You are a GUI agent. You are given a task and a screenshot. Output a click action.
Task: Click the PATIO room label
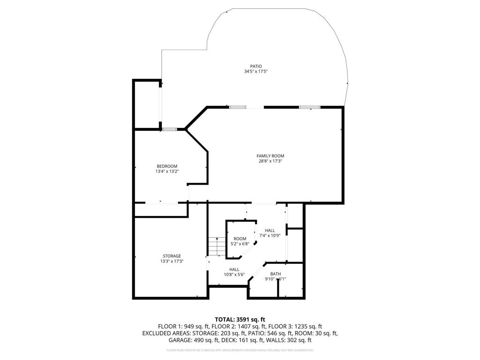click(x=255, y=66)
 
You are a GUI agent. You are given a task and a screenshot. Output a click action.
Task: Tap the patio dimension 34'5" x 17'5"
click(x=255, y=72)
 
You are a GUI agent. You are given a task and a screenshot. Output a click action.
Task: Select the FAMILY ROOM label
click(x=270, y=156)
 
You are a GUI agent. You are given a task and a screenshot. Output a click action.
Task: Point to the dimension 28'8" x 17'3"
click(x=270, y=161)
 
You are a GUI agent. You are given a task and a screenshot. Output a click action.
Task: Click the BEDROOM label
click(x=167, y=166)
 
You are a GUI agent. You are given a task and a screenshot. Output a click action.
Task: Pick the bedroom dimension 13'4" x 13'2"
click(x=167, y=172)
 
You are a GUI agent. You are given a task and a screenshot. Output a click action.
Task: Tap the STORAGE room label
click(x=172, y=256)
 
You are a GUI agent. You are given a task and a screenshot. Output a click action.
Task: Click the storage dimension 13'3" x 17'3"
click(x=172, y=261)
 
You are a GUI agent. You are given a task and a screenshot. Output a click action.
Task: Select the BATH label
click(x=275, y=274)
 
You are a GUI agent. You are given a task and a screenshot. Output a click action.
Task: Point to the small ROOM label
click(x=240, y=239)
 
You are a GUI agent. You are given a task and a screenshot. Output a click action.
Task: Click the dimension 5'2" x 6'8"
click(x=240, y=244)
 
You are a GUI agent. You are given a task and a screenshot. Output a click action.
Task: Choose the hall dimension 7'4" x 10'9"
click(x=270, y=235)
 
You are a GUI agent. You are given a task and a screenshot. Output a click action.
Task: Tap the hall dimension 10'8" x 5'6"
click(x=234, y=275)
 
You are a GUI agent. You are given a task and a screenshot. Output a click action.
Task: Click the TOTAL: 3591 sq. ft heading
click(x=240, y=319)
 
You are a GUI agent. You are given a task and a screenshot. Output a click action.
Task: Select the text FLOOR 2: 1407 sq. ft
click(x=235, y=326)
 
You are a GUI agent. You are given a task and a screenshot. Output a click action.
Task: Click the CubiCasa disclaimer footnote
click(x=240, y=350)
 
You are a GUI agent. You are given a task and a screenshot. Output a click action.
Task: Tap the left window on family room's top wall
click(x=238, y=107)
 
